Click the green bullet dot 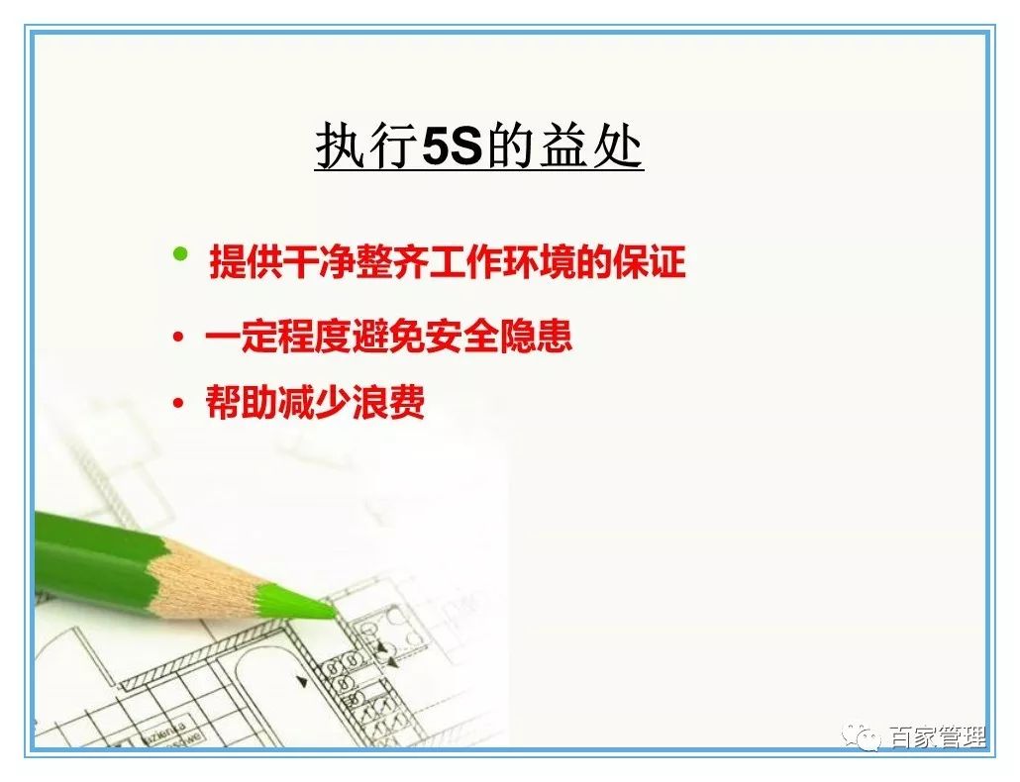[179, 254]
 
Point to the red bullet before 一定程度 [178, 339]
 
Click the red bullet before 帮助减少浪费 [178, 404]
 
